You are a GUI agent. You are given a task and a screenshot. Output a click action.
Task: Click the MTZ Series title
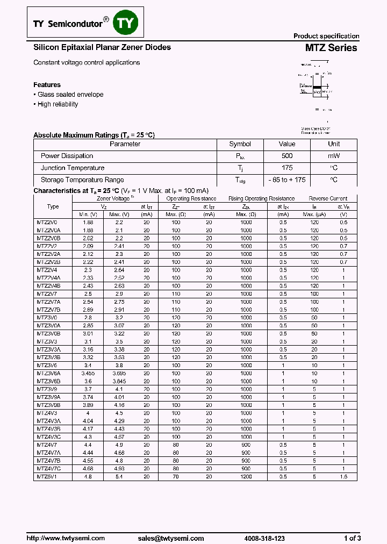[331, 48]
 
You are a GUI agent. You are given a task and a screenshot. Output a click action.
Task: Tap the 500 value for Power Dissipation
[287, 156]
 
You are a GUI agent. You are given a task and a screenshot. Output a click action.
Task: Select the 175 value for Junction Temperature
[287, 168]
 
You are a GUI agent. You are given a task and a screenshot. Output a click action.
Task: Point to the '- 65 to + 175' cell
[287, 180]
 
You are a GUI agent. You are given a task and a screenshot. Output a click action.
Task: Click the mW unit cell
[334, 156]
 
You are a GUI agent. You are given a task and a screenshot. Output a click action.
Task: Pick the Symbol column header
[240, 144]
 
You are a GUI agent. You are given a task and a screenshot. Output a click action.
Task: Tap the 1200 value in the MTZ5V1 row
[246, 476]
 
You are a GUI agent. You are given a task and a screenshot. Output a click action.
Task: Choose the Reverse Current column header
[328, 199]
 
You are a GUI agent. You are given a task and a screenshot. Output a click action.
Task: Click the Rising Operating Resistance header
[262, 199]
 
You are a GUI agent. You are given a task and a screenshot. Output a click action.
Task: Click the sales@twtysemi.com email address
[170, 538]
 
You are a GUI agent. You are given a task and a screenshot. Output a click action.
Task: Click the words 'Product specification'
[326, 36]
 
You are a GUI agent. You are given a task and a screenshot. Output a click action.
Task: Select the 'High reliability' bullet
[57, 104]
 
